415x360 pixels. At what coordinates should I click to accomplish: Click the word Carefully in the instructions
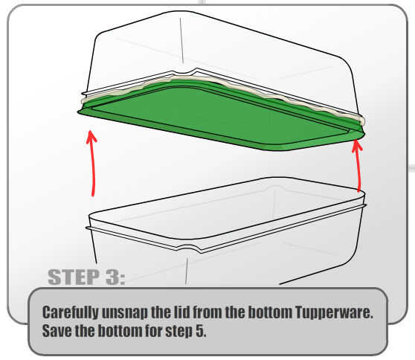coord(70,313)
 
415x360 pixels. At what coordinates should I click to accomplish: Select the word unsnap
coord(125,313)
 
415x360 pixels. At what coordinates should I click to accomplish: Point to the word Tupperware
coord(334,313)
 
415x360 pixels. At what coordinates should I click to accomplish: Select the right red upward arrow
coord(358,165)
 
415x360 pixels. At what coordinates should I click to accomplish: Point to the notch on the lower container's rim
coord(188,249)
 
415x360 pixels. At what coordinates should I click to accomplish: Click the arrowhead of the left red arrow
coord(91,136)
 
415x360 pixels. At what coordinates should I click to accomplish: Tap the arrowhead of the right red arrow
coord(357,146)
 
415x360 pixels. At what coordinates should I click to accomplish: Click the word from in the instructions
coord(207,312)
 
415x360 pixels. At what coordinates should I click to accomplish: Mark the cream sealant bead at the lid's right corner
coord(362,120)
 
